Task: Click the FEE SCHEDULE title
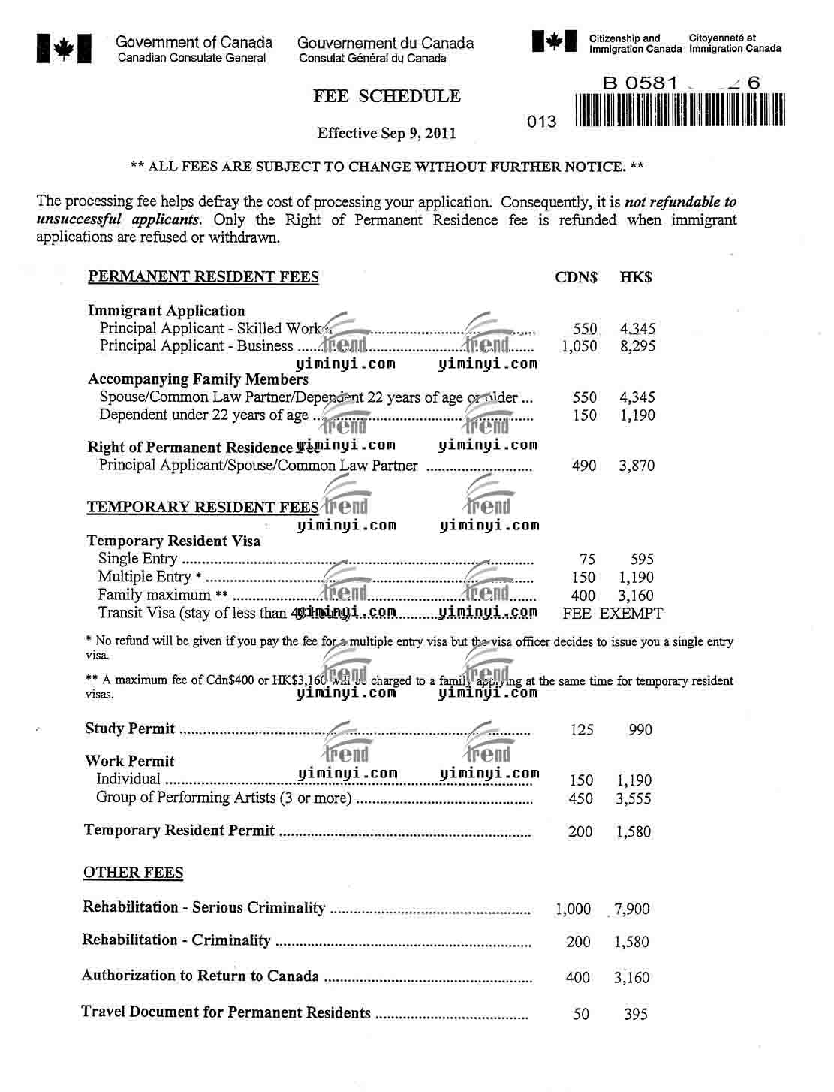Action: pos(387,96)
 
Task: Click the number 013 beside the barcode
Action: pos(542,122)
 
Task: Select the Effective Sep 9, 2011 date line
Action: pos(387,134)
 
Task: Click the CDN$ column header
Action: pos(576,277)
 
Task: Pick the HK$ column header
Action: pos(636,277)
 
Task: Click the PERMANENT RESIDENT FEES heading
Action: pos(203,277)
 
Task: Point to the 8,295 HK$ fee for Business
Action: pos(637,346)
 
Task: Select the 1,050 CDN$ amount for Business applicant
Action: pos(580,346)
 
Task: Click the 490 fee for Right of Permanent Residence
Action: pos(584,466)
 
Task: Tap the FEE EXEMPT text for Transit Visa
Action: pos(613,614)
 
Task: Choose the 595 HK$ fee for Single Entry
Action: pos(642,559)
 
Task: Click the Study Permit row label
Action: pos(130,729)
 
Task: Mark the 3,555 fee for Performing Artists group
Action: pos(634,799)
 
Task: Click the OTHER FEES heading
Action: pos(134,873)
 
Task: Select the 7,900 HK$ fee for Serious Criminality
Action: pos(631,909)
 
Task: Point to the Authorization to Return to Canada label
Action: pos(200,976)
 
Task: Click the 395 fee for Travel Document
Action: pos(635,1014)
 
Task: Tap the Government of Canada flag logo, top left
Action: pos(64,48)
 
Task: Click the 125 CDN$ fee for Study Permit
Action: pos(582,729)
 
